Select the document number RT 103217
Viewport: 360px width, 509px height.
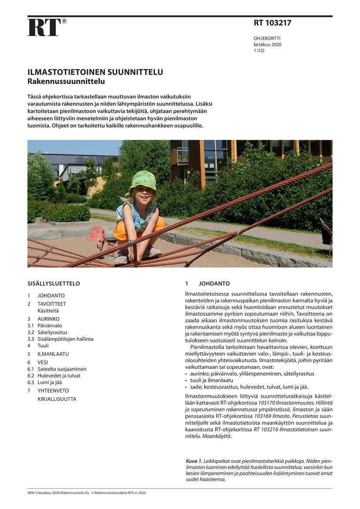coord(273,23)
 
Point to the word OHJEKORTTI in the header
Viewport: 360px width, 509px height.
coord(267,38)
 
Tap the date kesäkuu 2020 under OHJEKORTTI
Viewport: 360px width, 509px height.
coord(267,44)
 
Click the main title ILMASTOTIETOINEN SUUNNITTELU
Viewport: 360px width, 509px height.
coord(95,72)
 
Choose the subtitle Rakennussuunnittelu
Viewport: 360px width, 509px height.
coord(66,81)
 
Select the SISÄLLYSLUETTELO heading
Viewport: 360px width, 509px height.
coord(54,283)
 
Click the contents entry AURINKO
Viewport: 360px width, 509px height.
coord(48,319)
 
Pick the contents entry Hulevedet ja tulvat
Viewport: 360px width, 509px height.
coord(59,375)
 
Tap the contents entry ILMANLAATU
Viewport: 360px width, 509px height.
coord(53,354)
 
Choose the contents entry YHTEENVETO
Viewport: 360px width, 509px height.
coord(53,391)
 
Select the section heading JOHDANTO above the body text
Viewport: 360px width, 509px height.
coord(214,283)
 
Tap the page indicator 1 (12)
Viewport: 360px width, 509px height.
coord(259,51)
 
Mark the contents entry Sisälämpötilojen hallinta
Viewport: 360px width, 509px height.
coord(65,339)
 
